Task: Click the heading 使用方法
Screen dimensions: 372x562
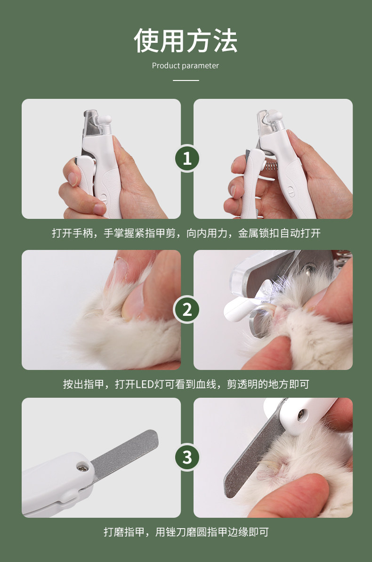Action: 186,40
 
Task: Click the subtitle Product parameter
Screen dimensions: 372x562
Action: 185,65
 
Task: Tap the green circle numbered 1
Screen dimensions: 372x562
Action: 187,158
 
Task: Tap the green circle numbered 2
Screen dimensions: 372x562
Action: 187,310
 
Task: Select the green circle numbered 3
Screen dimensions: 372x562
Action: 187,458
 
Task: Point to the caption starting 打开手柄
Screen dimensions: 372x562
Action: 186,233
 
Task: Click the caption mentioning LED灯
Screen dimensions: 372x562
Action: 186,384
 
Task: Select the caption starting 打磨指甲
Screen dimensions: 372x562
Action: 186,532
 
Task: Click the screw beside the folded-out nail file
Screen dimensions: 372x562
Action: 82,466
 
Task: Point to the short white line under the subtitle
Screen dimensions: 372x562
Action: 186,80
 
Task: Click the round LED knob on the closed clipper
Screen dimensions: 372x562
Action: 105,120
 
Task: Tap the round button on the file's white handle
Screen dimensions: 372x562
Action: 301,415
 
